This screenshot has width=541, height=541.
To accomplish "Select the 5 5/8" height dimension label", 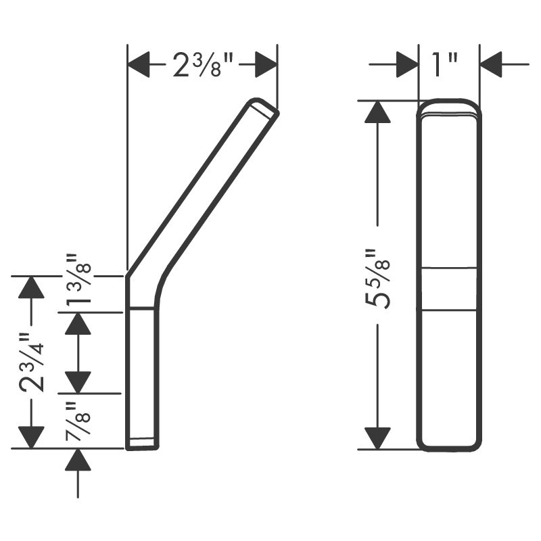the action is (377, 278).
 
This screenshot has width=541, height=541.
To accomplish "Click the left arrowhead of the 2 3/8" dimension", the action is (139, 64).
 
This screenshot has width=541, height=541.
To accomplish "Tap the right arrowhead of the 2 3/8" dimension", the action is (266, 64).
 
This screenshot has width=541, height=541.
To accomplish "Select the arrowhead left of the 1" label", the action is (408, 64).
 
